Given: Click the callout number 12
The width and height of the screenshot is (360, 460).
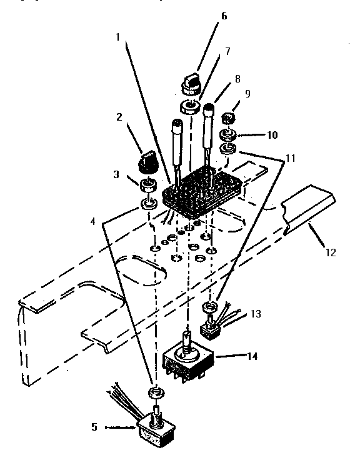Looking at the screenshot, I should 330,253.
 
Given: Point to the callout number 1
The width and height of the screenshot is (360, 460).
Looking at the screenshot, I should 117,37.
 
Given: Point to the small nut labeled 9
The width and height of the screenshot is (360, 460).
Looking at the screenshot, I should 228,118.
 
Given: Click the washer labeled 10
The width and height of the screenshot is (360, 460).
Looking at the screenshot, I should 227,134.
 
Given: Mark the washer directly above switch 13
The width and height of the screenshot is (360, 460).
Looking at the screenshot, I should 210,307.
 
